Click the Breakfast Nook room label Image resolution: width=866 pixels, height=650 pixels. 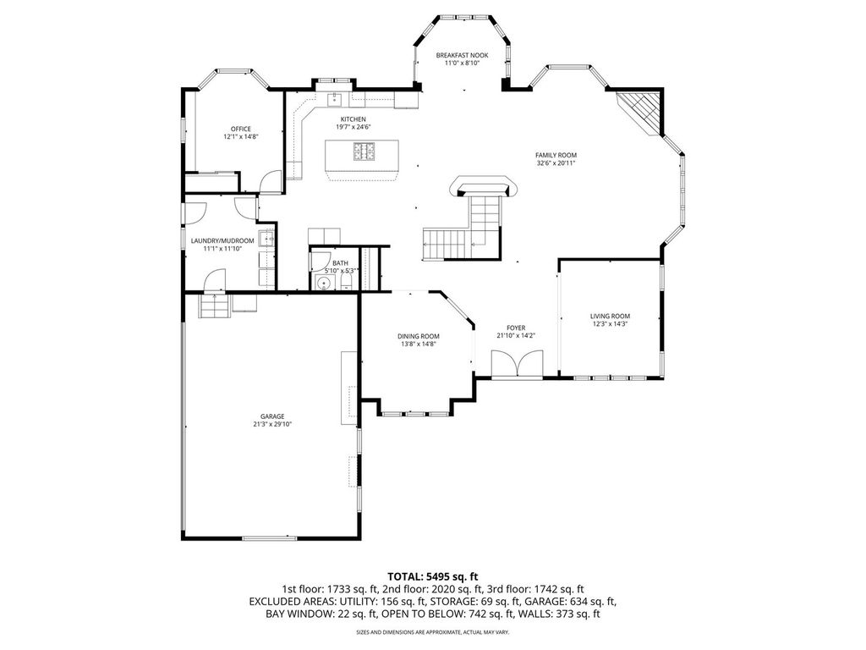tap(462, 55)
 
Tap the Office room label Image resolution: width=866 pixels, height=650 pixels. tap(241, 129)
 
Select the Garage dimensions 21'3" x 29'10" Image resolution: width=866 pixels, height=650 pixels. tap(272, 425)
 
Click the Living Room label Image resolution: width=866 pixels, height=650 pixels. tap(610, 317)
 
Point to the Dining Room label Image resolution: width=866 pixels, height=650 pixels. tap(418, 336)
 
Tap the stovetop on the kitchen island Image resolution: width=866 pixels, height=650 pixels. tap(364, 151)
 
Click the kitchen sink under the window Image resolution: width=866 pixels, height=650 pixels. tap(335, 100)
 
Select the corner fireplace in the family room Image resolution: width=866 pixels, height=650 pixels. tap(641, 112)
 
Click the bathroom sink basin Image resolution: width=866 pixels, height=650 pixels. tap(323, 284)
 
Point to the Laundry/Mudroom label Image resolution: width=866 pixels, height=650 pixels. tap(222, 241)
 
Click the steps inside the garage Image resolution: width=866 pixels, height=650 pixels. tap(214, 306)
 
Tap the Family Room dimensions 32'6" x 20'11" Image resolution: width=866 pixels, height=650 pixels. tap(556, 163)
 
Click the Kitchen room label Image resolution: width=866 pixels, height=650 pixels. tap(353, 119)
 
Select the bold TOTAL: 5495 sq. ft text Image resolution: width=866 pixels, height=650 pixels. tap(432, 577)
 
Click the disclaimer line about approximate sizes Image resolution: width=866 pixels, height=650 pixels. tap(432, 631)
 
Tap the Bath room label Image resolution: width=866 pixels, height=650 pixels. tap(340, 263)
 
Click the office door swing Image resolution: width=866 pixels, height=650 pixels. tap(270, 183)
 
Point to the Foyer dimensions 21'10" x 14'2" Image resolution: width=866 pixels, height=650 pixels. tap(517, 335)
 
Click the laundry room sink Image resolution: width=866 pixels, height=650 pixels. tap(266, 239)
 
